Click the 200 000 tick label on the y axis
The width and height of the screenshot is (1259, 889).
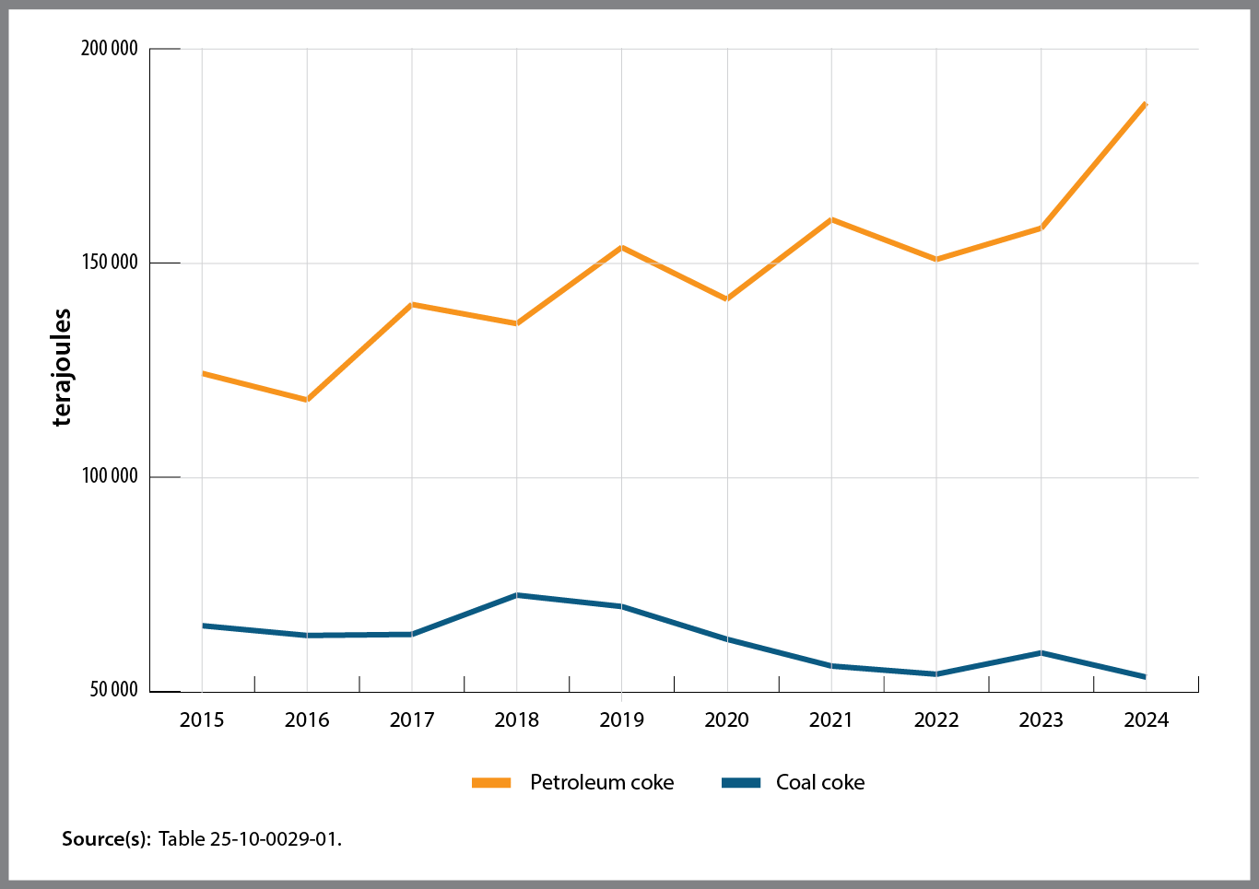(x=110, y=49)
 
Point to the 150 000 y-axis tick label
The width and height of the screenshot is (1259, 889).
(x=110, y=263)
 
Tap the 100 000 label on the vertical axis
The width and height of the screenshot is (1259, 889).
(x=110, y=476)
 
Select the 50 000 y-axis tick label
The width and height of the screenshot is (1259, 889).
(x=113, y=690)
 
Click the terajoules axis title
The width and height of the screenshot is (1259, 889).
(x=62, y=368)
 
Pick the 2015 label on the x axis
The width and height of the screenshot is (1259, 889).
(x=202, y=719)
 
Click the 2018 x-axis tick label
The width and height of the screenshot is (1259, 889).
(x=516, y=719)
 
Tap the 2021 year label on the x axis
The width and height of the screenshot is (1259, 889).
(x=831, y=719)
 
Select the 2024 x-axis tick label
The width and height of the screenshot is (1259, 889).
(x=1146, y=719)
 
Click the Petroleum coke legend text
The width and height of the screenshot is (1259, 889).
(x=602, y=782)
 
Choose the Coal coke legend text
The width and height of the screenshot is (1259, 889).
(x=820, y=782)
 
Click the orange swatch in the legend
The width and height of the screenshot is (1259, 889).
(x=491, y=782)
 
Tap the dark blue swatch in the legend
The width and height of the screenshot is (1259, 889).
(x=741, y=782)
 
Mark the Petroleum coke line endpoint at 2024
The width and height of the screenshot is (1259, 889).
(x=1146, y=103)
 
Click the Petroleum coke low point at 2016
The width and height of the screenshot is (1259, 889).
(x=307, y=400)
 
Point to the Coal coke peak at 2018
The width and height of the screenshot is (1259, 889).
(x=517, y=595)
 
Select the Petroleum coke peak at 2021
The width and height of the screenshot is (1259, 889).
(x=831, y=219)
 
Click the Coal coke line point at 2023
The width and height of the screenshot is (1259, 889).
(x=1041, y=652)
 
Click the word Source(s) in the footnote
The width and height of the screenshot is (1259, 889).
(x=105, y=839)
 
